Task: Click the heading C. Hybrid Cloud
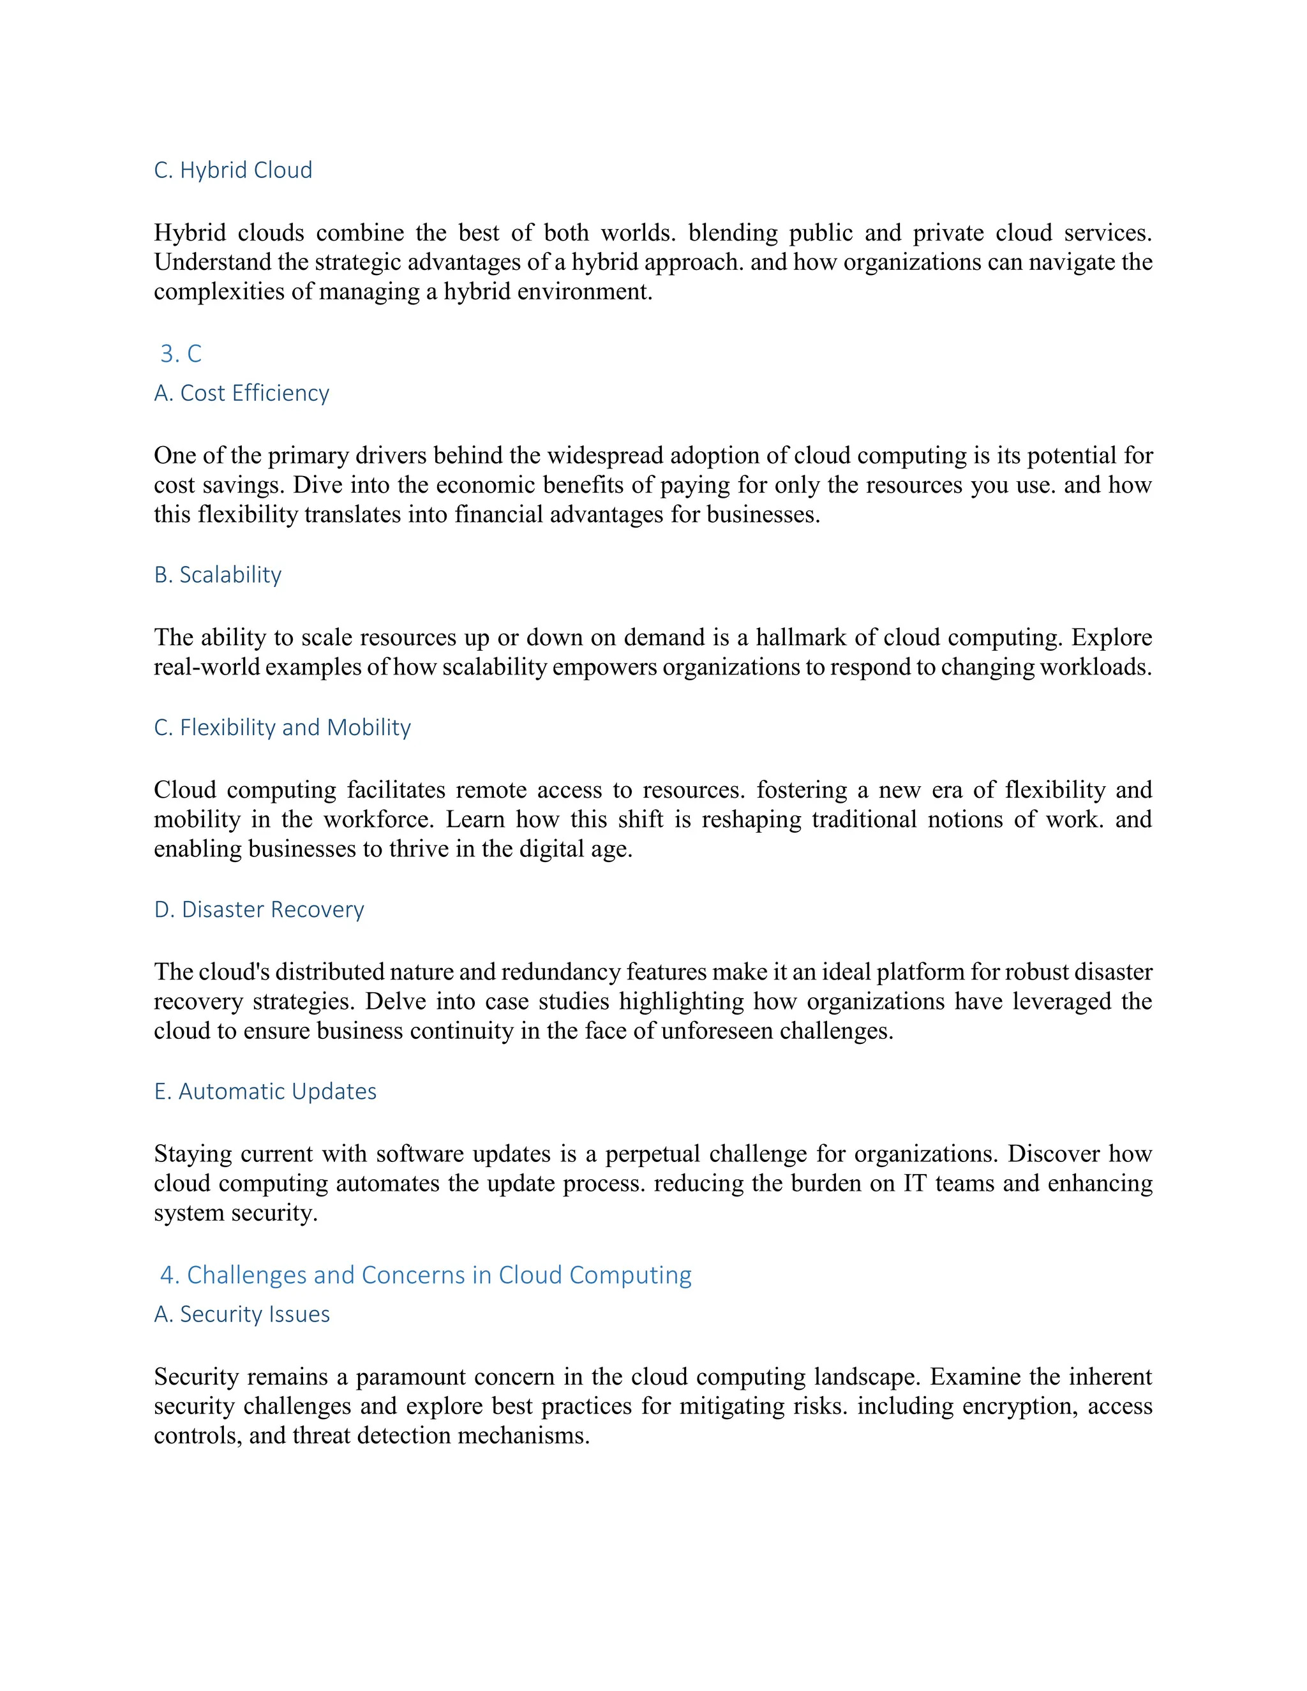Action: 233,170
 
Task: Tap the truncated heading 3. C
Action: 181,354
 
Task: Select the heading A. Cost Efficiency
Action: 242,393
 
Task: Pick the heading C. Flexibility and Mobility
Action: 282,728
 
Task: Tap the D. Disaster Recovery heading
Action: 258,910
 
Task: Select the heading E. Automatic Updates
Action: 265,1092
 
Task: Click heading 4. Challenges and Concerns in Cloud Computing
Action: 425,1275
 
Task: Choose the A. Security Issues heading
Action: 242,1315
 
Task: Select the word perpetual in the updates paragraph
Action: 652,1154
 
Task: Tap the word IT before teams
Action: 915,1184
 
